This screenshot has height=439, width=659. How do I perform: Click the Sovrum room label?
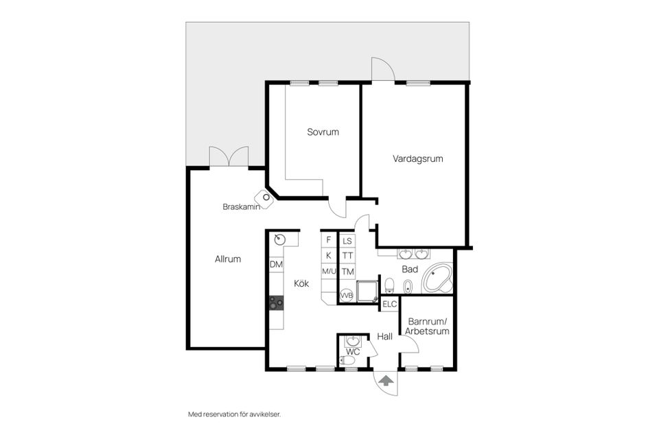pyautogui.click(x=323, y=132)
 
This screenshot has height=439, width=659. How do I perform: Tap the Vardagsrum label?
pyautogui.click(x=417, y=158)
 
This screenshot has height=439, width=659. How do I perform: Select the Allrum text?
pyautogui.click(x=228, y=259)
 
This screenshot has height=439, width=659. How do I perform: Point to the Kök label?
pyautogui.click(x=302, y=283)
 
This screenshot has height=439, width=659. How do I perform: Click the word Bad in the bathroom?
pyautogui.click(x=410, y=270)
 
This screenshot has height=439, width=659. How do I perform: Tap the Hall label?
pyautogui.click(x=384, y=337)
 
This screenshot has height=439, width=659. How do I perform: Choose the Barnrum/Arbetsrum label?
pyautogui.click(x=427, y=326)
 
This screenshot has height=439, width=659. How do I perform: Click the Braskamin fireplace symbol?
pyautogui.click(x=265, y=198)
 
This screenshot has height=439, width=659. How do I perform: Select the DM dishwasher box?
pyautogui.click(x=276, y=265)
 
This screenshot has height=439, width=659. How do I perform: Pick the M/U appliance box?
pyautogui.click(x=329, y=272)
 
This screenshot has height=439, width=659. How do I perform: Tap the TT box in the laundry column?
pyautogui.click(x=348, y=256)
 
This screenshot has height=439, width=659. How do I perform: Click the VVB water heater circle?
pyautogui.click(x=347, y=296)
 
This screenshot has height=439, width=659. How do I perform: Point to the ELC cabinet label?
pyautogui.click(x=390, y=304)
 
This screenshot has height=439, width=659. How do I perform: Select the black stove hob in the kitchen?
pyautogui.click(x=276, y=302)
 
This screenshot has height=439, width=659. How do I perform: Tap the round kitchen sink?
pyautogui.click(x=279, y=239)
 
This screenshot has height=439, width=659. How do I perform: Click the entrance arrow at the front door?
pyautogui.click(x=386, y=380)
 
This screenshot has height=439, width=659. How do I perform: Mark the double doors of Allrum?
pyautogui.click(x=228, y=157)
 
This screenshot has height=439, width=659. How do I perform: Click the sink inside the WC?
pyautogui.click(x=353, y=341)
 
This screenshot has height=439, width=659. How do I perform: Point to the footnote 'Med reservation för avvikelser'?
pyautogui.click(x=235, y=414)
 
